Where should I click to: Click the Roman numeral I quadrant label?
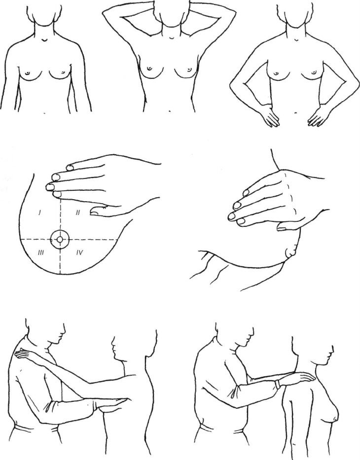point(39,213)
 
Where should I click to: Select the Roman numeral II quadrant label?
point(78,212)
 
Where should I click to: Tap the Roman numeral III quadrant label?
point(41,252)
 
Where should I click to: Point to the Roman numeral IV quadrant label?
point(79,252)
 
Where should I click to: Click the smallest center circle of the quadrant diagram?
point(60,240)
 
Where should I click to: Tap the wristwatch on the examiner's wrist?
point(278,384)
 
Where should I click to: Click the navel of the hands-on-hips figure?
point(296,112)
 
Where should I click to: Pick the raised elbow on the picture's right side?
point(233,15)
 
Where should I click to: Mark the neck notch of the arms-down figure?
point(44,39)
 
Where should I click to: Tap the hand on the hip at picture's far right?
point(319,116)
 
